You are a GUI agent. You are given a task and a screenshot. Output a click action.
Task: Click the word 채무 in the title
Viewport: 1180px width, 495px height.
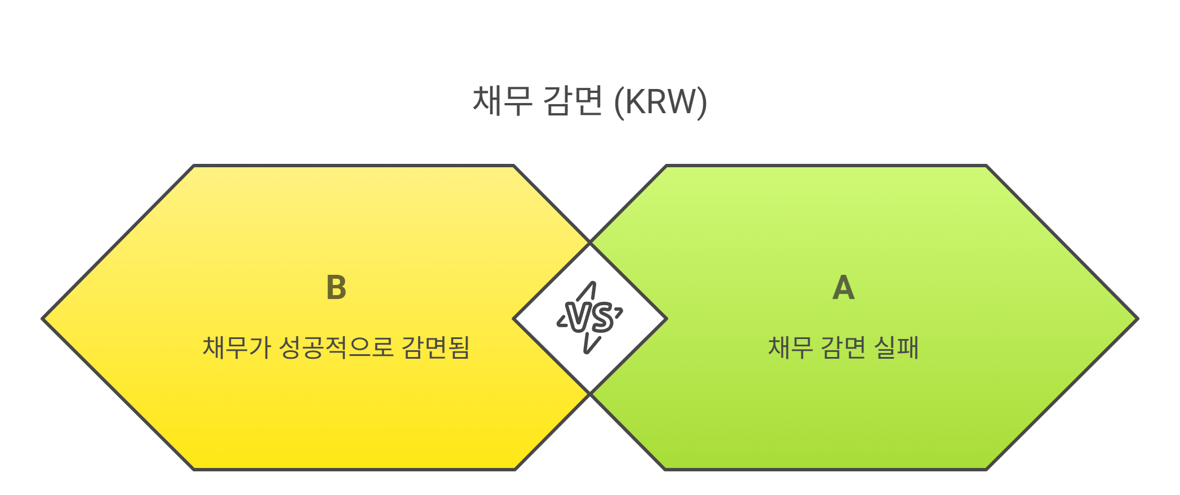pyautogui.click(x=502, y=101)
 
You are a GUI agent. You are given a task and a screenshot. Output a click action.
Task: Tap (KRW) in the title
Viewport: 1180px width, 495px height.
pyautogui.click(x=660, y=102)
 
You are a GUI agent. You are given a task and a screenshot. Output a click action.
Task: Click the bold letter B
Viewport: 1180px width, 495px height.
pyautogui.click(x=336, y=288)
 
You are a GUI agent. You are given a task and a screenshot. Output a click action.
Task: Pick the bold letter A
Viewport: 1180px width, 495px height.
pyautogui.click(x=844, y=288)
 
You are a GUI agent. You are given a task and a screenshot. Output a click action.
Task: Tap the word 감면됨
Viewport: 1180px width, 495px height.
pyautogui.click(x=436, y=347)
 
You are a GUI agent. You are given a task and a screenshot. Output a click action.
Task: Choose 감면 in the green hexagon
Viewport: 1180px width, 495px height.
pyautogui.click(x=843, y=347)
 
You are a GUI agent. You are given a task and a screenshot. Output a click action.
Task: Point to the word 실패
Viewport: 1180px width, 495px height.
pyautogui.click(x=897, y=347)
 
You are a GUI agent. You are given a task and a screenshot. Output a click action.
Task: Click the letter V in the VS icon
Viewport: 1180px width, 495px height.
pyautogui.click(x=578, y=317)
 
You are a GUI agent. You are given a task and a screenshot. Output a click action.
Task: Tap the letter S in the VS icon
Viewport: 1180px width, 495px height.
pyautogui.click(x=602, y=318)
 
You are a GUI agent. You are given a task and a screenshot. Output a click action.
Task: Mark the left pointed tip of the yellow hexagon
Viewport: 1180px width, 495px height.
pyautogui.click(x=43, y=319)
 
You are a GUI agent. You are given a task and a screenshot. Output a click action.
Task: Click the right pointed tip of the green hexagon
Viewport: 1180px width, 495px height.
pyautogui.click(x=1137, y=319)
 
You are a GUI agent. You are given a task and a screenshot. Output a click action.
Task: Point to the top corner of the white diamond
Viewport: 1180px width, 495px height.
pyautogui.click(x=590, y=243)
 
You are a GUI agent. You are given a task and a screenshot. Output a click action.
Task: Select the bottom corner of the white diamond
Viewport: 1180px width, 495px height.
pyautogui.click(x=590, y=394)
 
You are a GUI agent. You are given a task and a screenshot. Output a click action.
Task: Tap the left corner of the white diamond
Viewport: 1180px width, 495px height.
pyautogui.click(x=514, y=319)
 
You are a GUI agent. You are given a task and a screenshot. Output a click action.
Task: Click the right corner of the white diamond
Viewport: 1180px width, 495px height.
pyautogui.click(x=667, y=319)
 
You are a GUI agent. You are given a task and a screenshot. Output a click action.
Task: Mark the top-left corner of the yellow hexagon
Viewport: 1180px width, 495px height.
pyautogui.click(x=194, y=166)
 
